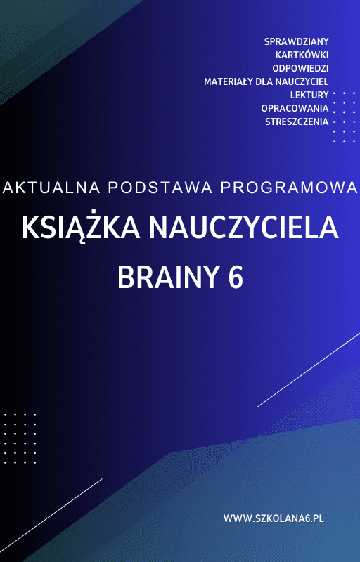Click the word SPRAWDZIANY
coord(296,41)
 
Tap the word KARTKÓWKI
coord(302,55)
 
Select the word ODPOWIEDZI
coord(300,68)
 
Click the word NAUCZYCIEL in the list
coord(300,81)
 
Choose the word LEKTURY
coord(309,95)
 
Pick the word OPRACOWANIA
coord(295,108)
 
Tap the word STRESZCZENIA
coord(297,122)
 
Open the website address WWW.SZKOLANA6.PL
coord(273,518)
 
